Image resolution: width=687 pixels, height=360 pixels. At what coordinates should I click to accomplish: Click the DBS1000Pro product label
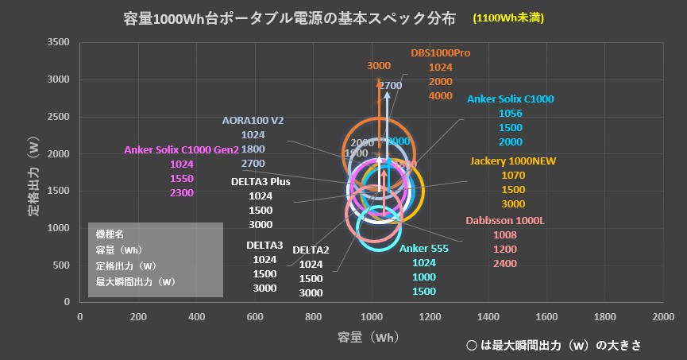click(441, 53)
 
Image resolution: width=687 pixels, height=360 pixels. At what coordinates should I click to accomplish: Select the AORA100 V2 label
click(252, 121)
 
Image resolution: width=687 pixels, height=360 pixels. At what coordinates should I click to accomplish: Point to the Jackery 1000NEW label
click(513, 161)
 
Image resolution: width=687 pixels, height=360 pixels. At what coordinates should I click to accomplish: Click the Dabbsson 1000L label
click(504, 220)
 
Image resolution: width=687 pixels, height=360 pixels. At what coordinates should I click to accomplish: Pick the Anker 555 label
click(423, 249)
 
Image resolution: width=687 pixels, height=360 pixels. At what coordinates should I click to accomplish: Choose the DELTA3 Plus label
click(260, 181)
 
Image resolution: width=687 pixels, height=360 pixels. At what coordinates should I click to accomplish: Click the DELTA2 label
click(311, 250)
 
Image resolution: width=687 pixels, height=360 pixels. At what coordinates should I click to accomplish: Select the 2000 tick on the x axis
click(662, 317)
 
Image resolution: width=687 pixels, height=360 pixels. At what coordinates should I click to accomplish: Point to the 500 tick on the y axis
click(62, 265)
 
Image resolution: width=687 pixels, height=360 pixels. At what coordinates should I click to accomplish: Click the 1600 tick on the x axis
click(546, 317)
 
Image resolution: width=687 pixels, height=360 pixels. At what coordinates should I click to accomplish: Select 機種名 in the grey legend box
click(110, 235)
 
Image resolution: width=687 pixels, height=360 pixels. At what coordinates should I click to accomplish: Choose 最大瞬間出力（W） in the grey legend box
click(134, 281)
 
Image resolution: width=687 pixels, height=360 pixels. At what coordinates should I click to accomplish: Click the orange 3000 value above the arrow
click(379, 66)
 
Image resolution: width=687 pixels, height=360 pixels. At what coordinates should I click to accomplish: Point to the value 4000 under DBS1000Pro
click(441, 96)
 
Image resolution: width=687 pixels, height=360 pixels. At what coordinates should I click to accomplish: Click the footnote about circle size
click(554, 346)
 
